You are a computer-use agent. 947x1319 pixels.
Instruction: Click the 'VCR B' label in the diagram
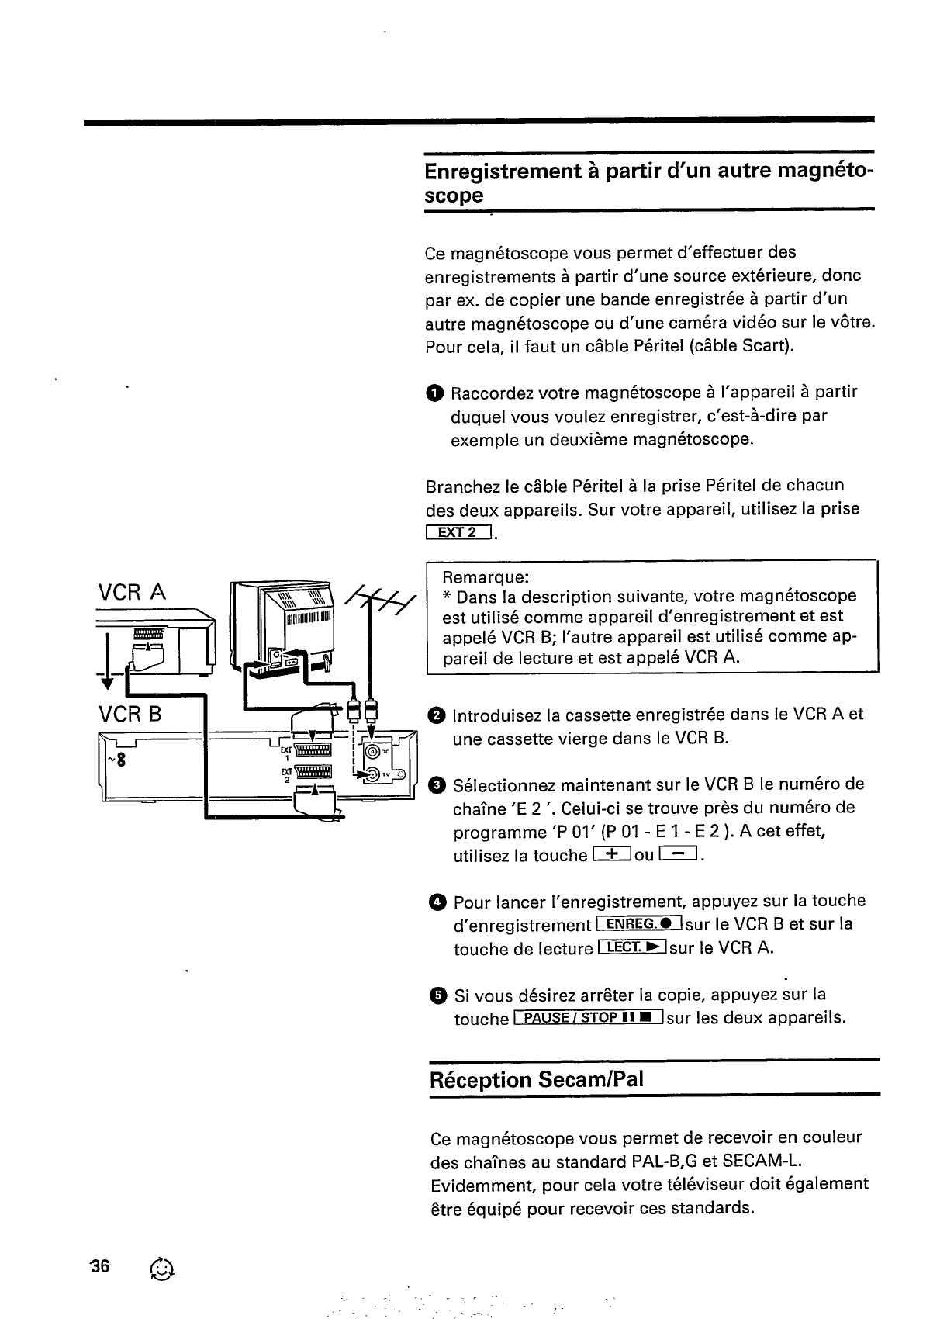tap(130, 713)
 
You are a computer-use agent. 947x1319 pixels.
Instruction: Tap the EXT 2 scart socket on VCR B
tap(313, 773)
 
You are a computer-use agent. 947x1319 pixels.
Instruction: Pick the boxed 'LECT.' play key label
tap(633, 947)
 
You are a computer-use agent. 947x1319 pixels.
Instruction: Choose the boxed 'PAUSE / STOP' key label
tap(588, 1018)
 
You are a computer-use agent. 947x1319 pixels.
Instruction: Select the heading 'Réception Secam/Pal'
tap(537, 1080)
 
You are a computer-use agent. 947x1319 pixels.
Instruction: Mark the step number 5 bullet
tap(437, 995)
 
